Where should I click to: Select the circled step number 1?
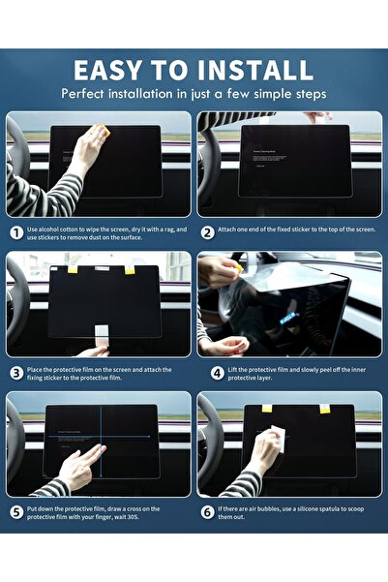point(16,232)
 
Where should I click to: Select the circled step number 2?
point(208,232)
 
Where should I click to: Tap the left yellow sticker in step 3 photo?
point(72,269)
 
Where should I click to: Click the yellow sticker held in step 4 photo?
point(237,263)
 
